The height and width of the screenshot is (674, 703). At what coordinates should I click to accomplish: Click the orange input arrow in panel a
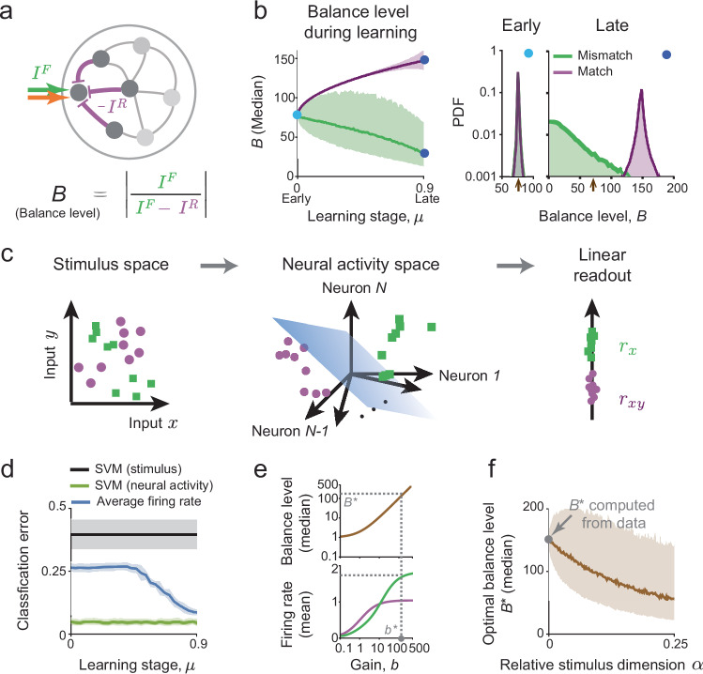48,97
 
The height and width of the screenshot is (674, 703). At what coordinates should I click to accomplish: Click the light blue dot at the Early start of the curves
297,115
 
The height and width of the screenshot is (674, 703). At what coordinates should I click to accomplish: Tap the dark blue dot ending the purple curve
424,60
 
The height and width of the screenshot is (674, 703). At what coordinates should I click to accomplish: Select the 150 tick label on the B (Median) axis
284,59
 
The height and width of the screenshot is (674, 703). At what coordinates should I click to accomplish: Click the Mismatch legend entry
592,55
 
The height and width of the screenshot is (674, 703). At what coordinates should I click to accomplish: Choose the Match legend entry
583,71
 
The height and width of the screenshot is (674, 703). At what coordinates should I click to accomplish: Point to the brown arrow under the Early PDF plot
518,185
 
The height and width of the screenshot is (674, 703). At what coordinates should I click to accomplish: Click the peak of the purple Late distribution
642,90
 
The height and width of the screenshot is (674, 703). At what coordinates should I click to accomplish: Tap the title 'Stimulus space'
111,264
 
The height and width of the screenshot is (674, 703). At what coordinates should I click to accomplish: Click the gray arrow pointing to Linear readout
515,266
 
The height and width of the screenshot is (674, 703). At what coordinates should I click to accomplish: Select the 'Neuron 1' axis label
469,375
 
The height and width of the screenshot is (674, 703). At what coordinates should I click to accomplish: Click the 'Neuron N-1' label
290,431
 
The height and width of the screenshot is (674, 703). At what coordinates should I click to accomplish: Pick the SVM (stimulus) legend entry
126,469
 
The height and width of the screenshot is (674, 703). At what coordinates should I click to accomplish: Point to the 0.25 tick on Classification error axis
53,571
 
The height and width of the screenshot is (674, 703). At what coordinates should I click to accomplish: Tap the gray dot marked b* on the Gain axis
402,637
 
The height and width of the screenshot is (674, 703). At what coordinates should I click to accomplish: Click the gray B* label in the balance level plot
351,502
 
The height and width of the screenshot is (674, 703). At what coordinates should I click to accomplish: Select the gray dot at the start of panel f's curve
549,539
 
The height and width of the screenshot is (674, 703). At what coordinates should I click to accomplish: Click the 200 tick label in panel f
533,507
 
